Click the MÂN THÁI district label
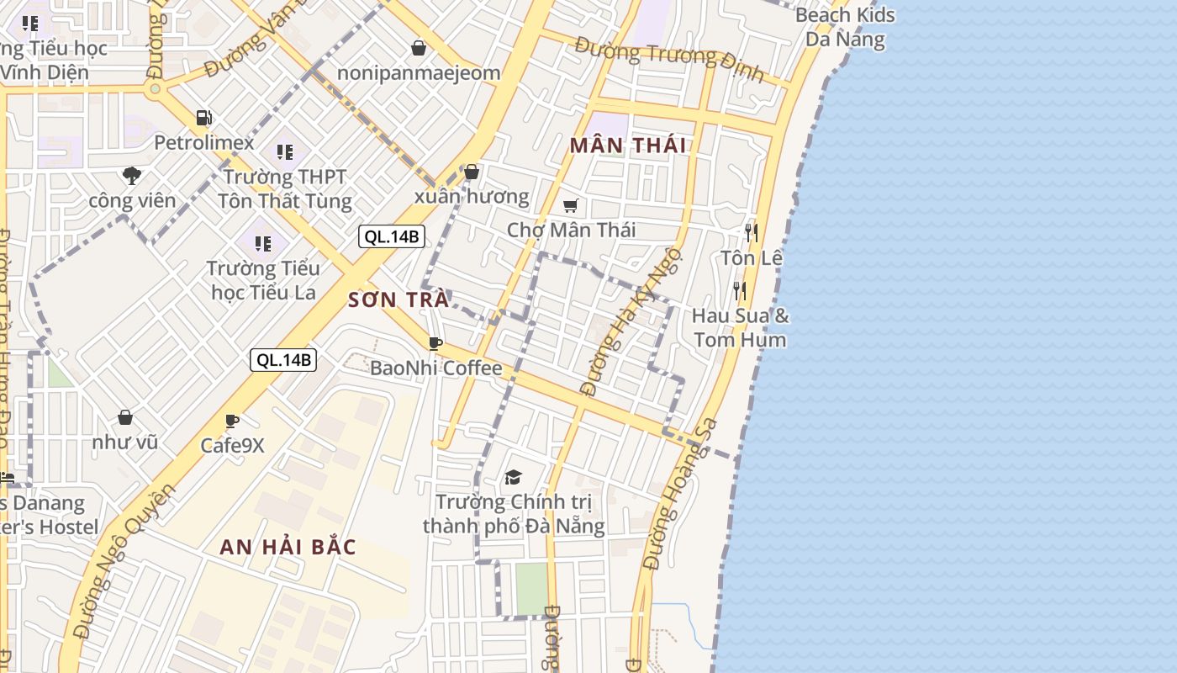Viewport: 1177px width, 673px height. [x=628, y=146]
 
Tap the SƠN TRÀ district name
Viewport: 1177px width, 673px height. [x=398, y=300]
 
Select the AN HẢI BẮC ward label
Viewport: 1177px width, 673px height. [x=288, y=547]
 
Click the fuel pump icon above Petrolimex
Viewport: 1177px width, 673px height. [x=203, y=118]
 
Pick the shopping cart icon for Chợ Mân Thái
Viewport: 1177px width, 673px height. [x=571, y=205]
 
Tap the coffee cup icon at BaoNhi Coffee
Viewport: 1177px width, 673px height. [x=435, y=343]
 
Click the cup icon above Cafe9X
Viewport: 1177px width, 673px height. [x=232, y=421]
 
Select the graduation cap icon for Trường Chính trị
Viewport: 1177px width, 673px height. [x=513, y=478]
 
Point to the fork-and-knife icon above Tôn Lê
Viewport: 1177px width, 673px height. [x=752, y=232]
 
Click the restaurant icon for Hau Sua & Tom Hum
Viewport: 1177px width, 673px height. [x=740, y=291]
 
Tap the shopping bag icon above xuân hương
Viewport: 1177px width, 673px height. [x=472, y=172]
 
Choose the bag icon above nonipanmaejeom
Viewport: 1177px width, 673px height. [x=418, y=48]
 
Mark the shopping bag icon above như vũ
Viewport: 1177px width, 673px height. [x=125, y=417]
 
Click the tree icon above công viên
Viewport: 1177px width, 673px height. [x=131, y=176]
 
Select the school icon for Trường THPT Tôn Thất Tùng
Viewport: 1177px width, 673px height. [x=285, y=152]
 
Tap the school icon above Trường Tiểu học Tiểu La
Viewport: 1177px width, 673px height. [x=263, y=244]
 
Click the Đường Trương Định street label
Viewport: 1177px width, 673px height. [x=669, y=59]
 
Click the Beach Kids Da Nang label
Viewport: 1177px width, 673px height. [x=845, y=27]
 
